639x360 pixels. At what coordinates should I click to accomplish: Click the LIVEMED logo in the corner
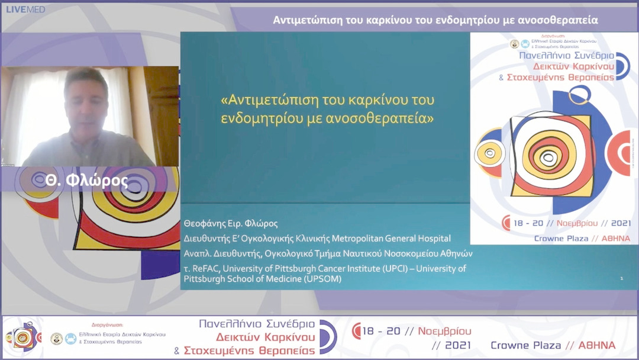point(25,9)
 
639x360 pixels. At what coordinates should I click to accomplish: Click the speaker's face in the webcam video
point(86,98)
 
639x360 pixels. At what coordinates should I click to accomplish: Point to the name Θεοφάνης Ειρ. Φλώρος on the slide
point(231,224)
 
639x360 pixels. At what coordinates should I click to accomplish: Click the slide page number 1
point(621,278)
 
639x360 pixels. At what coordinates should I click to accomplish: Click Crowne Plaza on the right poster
point(561,238)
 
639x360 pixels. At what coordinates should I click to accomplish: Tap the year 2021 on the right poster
point(619,224)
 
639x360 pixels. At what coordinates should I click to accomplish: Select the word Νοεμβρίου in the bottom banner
point(444,330)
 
